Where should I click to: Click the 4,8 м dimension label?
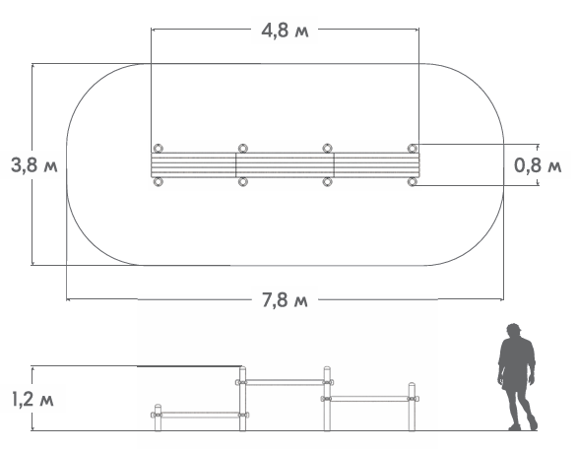pos(285,31)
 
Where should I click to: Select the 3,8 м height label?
pos(34,164)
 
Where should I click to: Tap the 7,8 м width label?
pos(285,300)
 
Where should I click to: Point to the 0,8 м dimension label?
pos(538,165)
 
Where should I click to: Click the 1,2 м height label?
pos(32,399)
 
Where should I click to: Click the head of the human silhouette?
pos(513,330)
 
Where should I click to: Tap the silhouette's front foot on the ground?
pos(514,427)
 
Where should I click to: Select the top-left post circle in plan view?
pos(158,149)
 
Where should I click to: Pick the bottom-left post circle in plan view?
pos(158,181)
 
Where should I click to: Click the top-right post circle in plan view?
pos(413,149)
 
